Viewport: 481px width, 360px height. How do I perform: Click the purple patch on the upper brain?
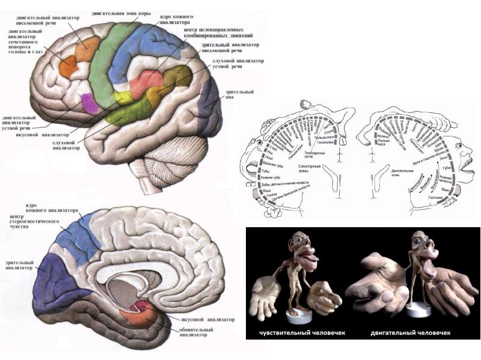pos(90,103)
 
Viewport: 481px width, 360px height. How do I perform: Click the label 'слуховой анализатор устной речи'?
pos(237,65)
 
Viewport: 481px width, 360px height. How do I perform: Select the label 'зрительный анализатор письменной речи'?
pos(231,47)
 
